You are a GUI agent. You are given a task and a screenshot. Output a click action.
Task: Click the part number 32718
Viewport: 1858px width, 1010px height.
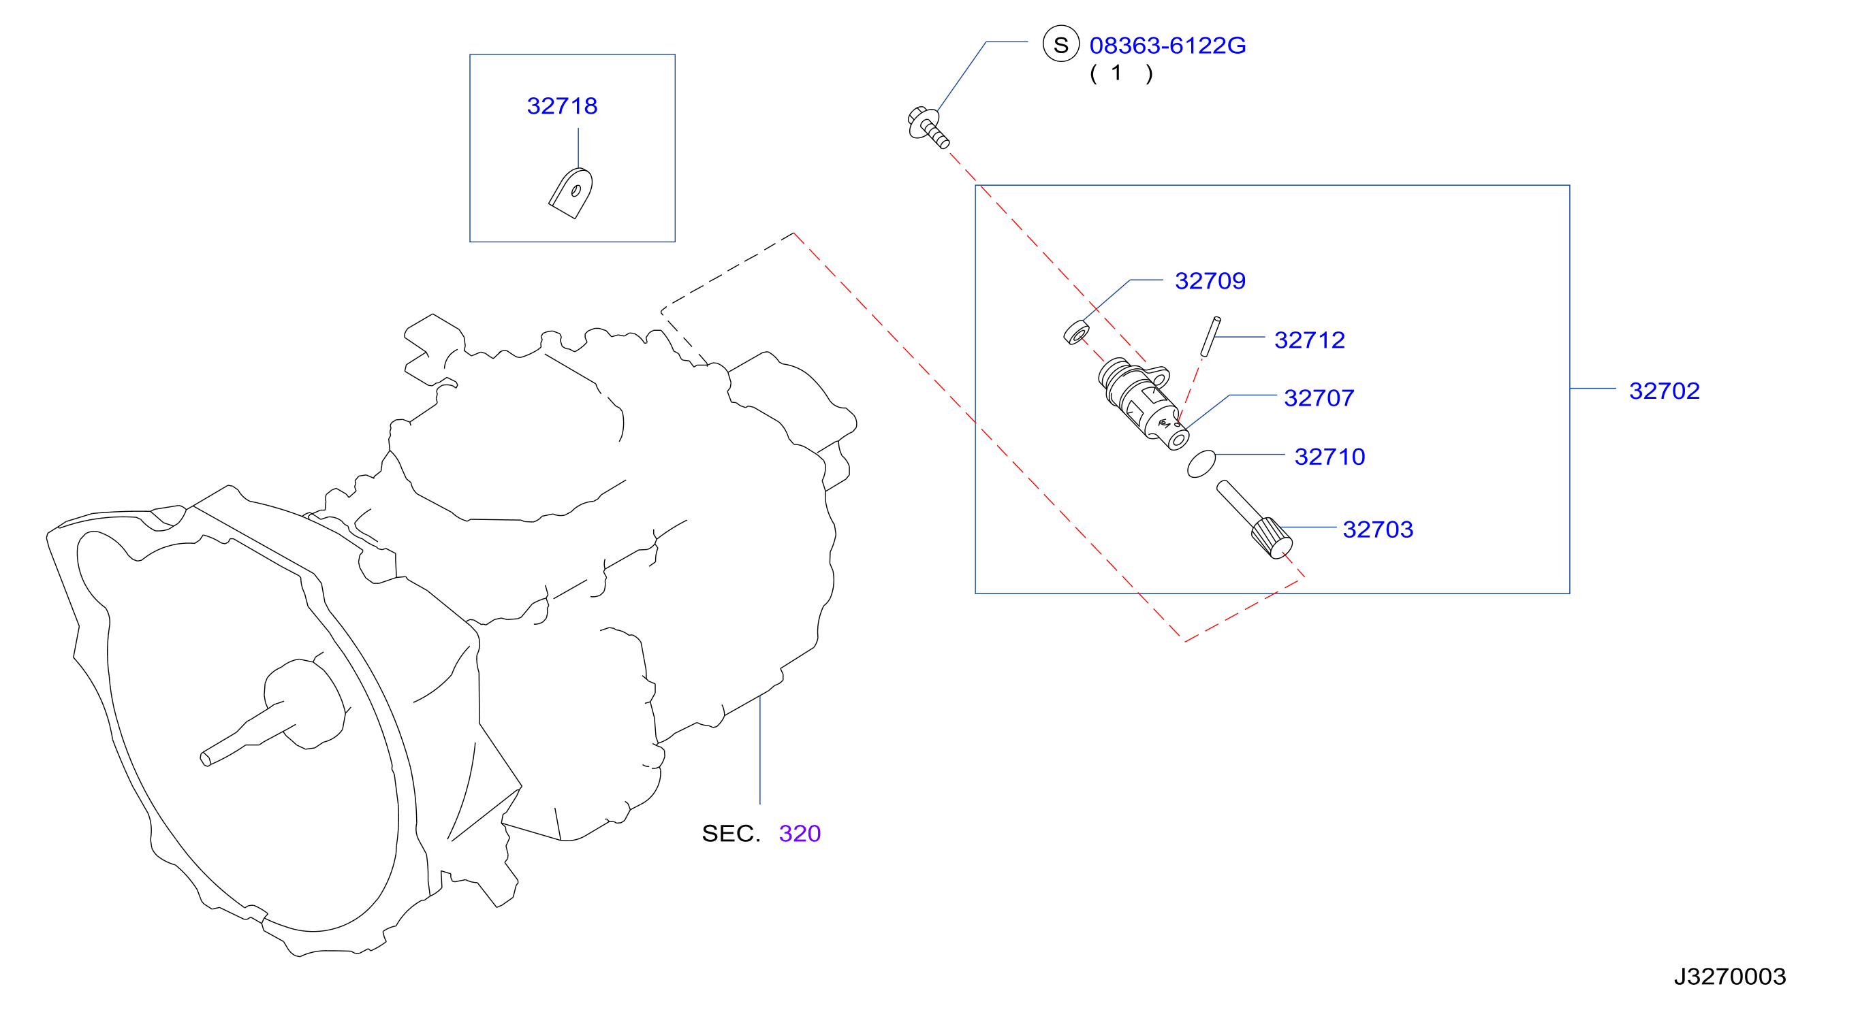click(562, 106)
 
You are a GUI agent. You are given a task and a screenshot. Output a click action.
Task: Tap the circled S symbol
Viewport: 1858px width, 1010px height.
click(1061, 44)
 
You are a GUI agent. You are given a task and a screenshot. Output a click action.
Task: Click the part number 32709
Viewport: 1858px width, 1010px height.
click(1210, 280)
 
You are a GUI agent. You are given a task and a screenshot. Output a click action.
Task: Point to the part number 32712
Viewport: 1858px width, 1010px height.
click(1310, 340)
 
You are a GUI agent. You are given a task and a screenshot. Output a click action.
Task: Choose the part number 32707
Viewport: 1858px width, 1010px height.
click(1319, 397)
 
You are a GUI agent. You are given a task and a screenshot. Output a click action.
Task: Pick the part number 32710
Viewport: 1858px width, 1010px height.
click(1330, 457)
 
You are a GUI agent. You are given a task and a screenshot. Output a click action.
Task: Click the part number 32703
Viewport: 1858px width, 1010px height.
click(1378, 529)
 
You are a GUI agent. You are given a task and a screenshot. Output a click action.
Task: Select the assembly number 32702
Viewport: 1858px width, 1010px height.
click(1665, 391)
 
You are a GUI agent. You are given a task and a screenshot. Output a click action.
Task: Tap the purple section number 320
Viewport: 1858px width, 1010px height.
click(800, 833)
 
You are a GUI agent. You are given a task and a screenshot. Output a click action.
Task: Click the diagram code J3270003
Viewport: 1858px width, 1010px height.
click(1729, 976)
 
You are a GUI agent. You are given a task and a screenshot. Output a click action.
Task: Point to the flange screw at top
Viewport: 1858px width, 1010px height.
click(928, 127)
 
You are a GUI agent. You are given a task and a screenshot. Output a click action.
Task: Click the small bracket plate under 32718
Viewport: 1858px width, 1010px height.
click(571, 193)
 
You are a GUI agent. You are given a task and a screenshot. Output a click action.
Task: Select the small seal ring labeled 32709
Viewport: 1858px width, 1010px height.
click(1076, 331)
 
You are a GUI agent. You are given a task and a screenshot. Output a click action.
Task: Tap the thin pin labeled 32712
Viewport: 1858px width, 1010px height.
click(1210, 336)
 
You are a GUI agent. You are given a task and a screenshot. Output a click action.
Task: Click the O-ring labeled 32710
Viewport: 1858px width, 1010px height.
click(1201, 463)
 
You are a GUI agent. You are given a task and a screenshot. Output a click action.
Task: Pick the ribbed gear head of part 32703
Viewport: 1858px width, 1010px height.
click(1272, 538)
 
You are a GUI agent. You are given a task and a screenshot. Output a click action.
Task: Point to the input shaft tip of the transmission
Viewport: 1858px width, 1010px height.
click(205, 758)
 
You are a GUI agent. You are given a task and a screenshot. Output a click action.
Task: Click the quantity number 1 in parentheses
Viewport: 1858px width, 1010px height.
click(1116, 72)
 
